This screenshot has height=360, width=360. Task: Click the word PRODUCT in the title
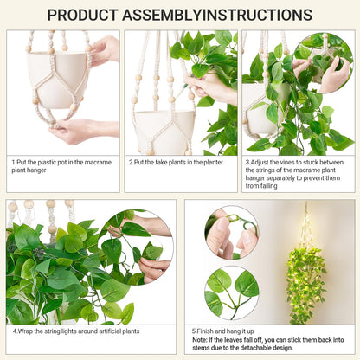coord(82,15)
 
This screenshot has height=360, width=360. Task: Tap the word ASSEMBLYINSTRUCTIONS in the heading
coord(217,15)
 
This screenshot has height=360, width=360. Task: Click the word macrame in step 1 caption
coord(98,162)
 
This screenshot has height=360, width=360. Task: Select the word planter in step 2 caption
coord(213,163)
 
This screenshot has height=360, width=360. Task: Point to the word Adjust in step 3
coord(260,163)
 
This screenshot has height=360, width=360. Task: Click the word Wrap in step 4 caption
coord(25,331)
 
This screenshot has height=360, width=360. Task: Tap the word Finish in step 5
coord(204,331)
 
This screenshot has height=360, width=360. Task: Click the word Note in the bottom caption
coord(199,340)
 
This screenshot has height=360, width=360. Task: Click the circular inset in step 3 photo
coord(324,62)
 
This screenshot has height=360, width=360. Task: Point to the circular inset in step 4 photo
coord(136,247)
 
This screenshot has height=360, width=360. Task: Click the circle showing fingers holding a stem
coord(232,233)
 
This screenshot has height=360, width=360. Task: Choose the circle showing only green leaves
coord(232,293)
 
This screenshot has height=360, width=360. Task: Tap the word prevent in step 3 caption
coord(313,178)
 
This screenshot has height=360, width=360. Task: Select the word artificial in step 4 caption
coord(112,331)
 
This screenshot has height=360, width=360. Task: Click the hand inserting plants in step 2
coord(212,85)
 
